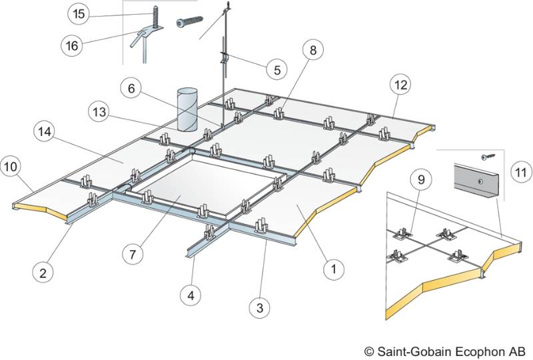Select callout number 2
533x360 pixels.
(x=42, y=272)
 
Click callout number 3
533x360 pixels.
(x=260, y=308)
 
